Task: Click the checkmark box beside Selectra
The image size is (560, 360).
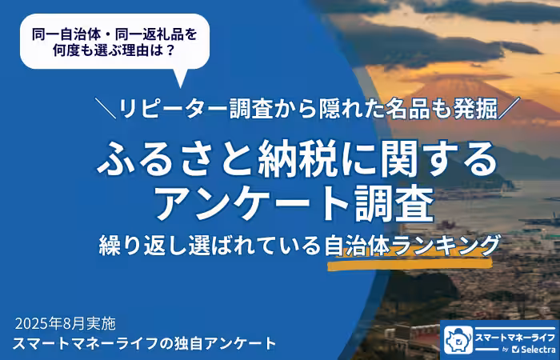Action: [515, 350]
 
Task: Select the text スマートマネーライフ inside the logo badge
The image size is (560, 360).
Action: [511, 334]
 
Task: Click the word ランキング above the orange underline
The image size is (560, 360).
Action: [448, 243]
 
